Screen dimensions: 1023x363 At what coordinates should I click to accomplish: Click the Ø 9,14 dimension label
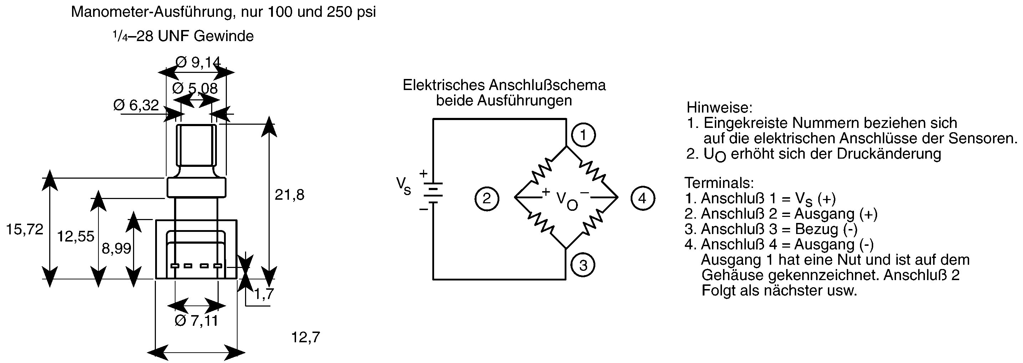198,62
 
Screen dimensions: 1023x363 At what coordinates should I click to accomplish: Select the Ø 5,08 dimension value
195,88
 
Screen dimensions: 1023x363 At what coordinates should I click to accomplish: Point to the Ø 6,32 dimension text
136,105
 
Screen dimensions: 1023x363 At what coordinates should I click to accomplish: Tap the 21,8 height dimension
290,194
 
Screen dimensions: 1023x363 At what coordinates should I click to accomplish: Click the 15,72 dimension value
25,229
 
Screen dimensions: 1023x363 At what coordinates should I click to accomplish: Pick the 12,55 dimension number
76,236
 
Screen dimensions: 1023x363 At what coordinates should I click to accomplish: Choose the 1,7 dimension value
264,294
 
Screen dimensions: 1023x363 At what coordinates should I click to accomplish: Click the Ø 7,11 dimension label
196,320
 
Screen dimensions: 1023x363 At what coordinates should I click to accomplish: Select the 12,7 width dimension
305,337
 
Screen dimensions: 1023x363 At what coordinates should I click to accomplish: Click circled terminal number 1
584,135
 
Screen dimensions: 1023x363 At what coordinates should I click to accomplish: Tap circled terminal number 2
487,198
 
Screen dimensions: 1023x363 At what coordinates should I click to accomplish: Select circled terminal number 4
642,198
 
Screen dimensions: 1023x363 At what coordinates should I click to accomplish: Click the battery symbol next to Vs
432,193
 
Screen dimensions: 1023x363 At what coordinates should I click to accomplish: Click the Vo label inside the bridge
567,201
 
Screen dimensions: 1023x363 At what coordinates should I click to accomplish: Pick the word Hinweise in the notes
719,107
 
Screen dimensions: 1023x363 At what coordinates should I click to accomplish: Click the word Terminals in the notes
719,183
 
